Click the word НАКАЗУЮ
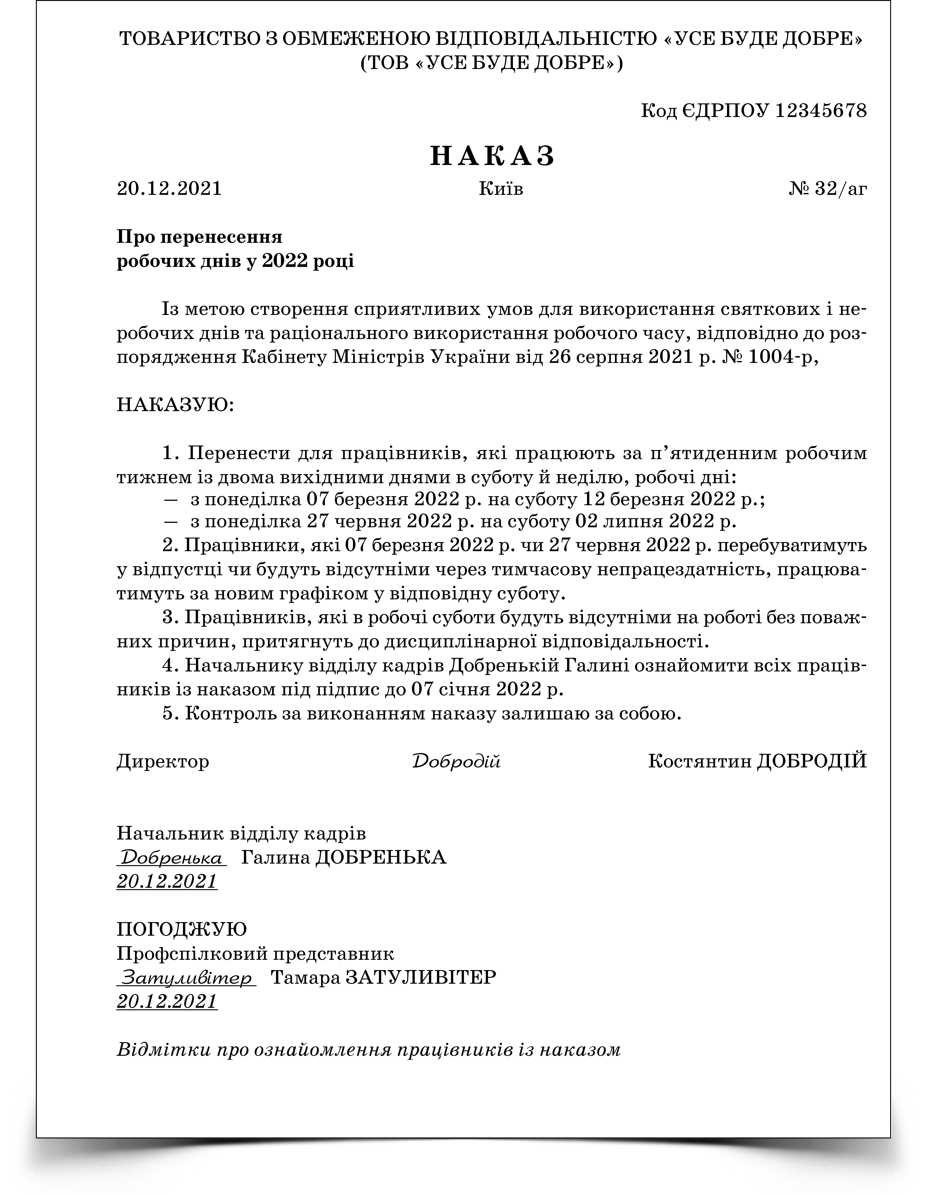tap(175, 406)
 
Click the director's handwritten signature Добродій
tap(456, 761)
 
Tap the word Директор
tap(163, 761)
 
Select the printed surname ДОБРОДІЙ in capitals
tap(812, 761)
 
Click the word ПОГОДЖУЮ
tap(182, 929)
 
